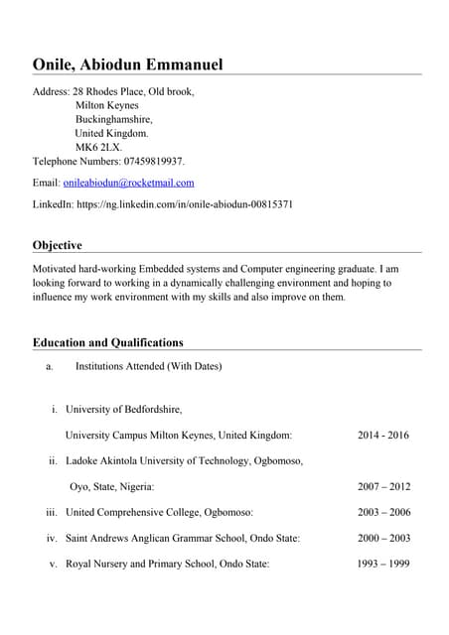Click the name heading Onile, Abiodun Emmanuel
pos(128,65)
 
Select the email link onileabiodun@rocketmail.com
pos(128,183)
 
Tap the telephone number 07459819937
pos(153,161)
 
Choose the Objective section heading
pos(58,245)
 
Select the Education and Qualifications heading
pos(108,342)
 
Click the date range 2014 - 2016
pos(382,436)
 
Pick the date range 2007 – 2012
pos(382,487)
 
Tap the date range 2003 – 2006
pos(382,513)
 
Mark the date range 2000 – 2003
pos(382,539)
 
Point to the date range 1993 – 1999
pos(382,565)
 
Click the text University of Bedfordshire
pos(123,410)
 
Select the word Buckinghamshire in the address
pos(114,119)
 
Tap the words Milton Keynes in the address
pos(107,105)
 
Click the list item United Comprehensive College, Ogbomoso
pos(159,513)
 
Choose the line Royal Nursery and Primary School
pos(167,565)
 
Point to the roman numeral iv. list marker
pos(52,539)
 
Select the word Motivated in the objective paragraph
pos(57,269)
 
